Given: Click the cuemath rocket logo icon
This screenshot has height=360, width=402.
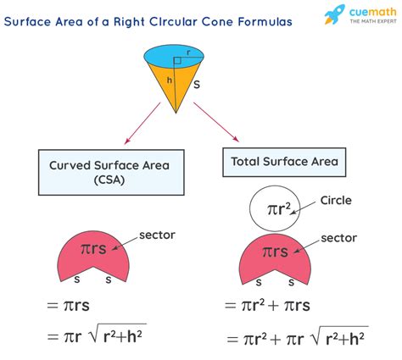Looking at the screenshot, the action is click(x=335, y=14).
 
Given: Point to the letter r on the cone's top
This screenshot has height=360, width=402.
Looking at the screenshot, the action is click(x=188, y=53).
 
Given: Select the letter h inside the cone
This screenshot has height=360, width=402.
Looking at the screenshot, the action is click(x=170, y=80).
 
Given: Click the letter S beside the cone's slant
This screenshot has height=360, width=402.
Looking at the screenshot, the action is click(x=197, y=85).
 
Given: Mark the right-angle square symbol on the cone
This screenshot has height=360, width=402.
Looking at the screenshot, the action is click(x=177, y=60).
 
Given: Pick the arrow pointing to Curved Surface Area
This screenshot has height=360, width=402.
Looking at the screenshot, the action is click(x=142, y=124).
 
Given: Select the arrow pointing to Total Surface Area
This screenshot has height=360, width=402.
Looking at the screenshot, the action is click(x=216, y=122).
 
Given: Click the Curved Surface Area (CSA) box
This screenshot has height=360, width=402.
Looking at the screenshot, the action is click(x=111, y=172).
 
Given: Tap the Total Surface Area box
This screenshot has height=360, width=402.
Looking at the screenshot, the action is click(x=284, y=162).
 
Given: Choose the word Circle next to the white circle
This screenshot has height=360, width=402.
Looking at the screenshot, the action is click(x=336, y=201).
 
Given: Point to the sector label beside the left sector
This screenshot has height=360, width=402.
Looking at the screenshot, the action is click(x=157, y=235).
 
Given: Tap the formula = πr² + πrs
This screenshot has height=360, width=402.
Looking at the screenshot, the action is click(x=267, y=306).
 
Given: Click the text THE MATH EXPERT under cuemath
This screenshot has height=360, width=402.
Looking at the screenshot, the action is click(x=373, y=21).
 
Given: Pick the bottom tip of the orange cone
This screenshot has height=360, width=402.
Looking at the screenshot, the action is click(x=176, y=114).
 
